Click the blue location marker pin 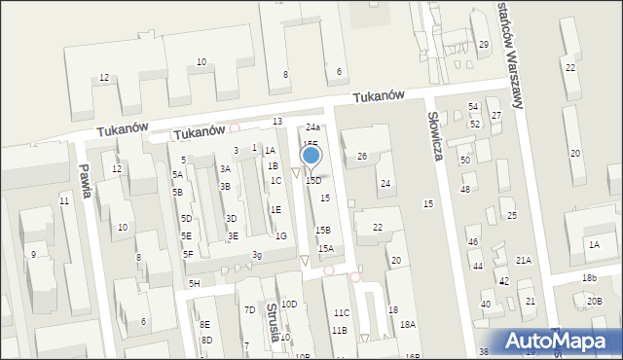pyautogui.click(x=311, y=155)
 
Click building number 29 pyautogui.click(x=484, y=45)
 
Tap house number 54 pyautogui.click(x=473, y=107)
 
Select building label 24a pyautogui.click(x=312, y=127)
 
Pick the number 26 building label pyautogui.click(x=361, y=157)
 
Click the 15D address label pyautogui.click(x=312, y=181)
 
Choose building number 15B pyautogui.click(x=322, y=230)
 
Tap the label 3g pyautogui.click(x=256, y=255)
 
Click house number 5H pyautogui.click(x=195, y=283)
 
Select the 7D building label pyautogui.click(x=250, y=309)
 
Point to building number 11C pyautogui.click(x=341, y=313)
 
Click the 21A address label pyautogui.click(x=524, y=260)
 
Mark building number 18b pyautogui.click(x=590, y=278)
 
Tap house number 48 pyautogui.click(x=465, y=189)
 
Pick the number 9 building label pyautogui.click(x=33, y=255)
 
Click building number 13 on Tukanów pyautogui.click(x=277, y=121)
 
